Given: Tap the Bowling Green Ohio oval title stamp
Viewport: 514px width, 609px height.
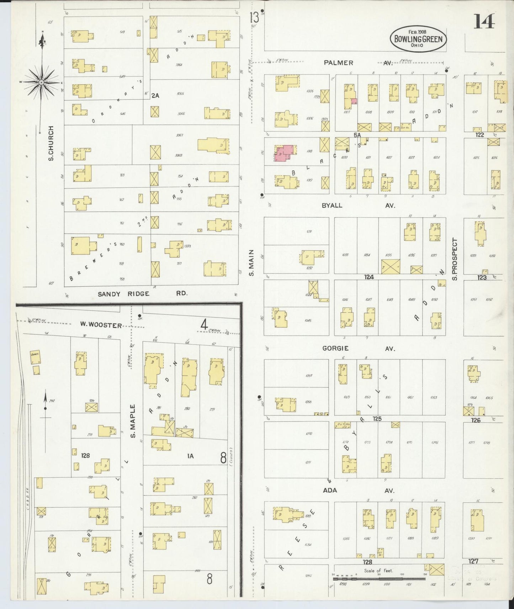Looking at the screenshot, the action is click(418, 39).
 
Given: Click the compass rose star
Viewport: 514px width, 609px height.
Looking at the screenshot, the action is click(42, 82).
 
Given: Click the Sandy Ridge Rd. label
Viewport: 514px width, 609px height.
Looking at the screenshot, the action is click(142, 294).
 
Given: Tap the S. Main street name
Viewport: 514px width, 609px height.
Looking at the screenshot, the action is click(251, 262).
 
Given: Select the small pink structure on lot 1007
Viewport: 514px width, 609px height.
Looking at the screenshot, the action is click(354, 101).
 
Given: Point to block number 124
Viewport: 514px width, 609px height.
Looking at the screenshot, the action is click(369, 277).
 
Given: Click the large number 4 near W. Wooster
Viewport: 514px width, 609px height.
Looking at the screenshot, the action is click(204, 325).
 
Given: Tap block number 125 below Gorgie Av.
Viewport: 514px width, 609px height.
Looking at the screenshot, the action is click(377, 419).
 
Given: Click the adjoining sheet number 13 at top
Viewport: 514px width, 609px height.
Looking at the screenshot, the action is click(254, 17).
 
